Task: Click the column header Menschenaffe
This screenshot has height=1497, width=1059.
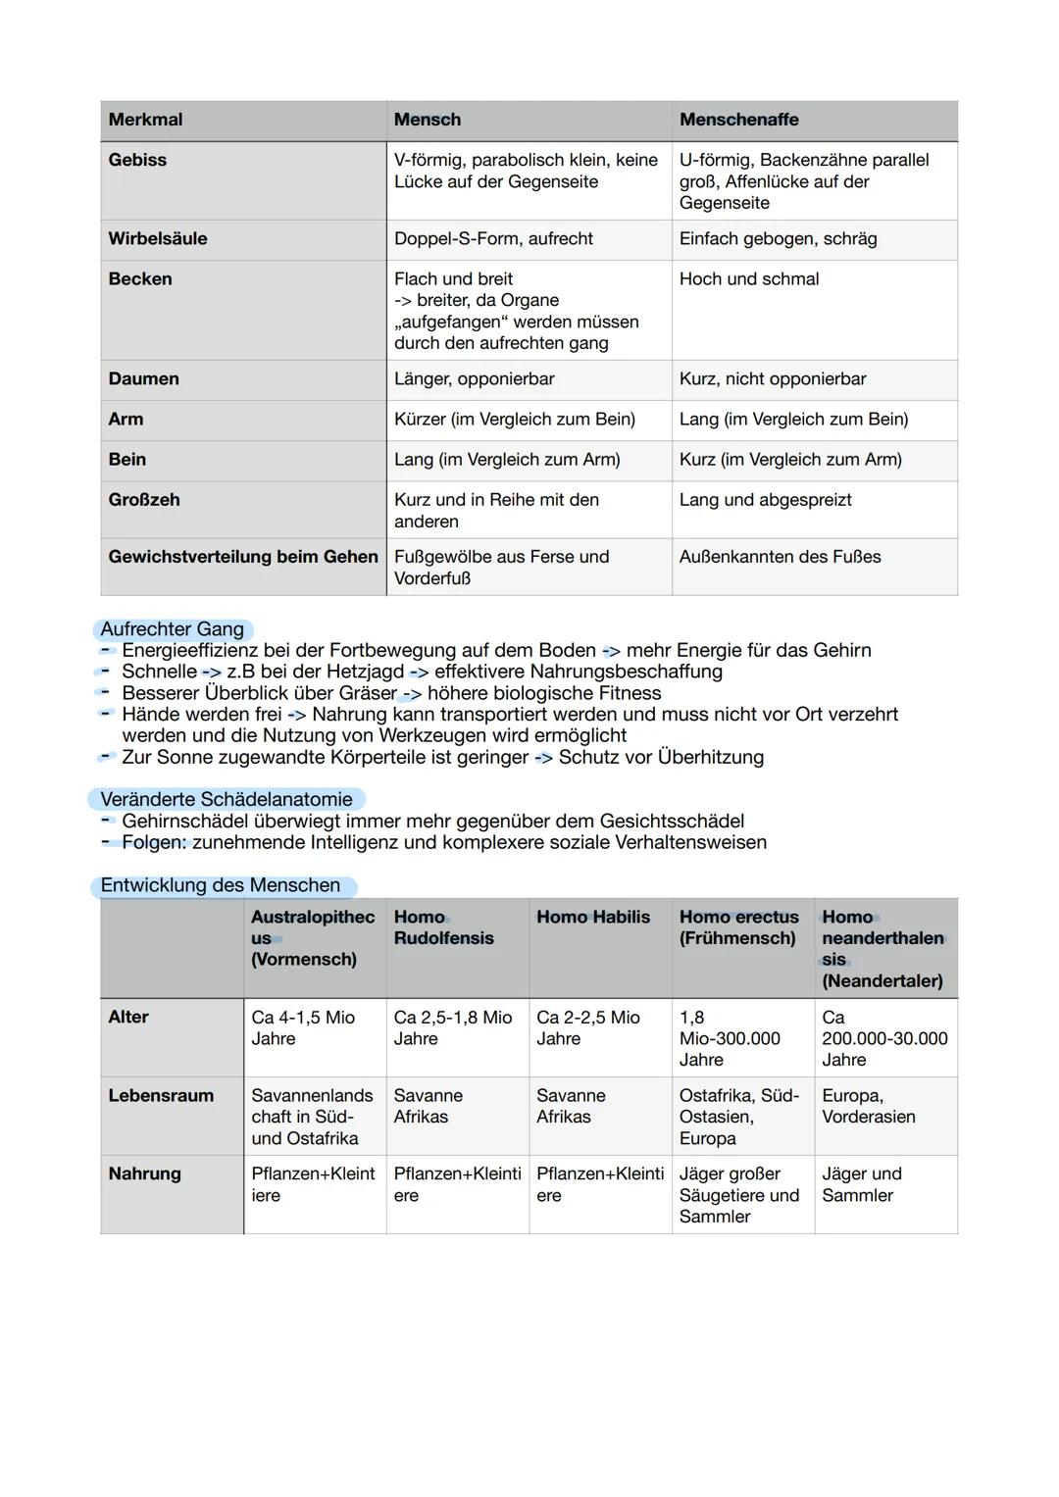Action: (x=738, y=120)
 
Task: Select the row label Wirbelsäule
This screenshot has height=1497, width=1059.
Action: (x=158, y=238)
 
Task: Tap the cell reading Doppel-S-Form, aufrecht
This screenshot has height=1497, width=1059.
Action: (x=493, y=238)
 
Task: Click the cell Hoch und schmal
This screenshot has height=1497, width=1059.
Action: (x=749, y=278)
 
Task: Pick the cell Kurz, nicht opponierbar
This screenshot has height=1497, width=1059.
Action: (x=773, y=378)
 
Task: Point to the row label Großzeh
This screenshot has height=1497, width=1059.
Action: (x=144, y=499)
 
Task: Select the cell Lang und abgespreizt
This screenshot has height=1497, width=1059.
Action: (x=765, y=499)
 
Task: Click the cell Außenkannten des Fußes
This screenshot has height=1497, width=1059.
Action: (x=780, y=556)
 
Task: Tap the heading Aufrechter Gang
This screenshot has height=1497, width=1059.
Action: (x=173, y=629)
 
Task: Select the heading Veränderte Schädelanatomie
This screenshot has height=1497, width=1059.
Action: (x=227, y=799)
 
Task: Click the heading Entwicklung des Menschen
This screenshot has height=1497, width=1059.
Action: (x=221, y=885)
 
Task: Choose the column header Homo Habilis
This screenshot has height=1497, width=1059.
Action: (x=593, y=917)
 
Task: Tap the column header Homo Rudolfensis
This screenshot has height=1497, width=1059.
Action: (x=443, y=927)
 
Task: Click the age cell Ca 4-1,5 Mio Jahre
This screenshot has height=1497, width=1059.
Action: (x=303, y=1027)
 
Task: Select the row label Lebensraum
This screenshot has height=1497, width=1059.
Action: (x=161, y=1095)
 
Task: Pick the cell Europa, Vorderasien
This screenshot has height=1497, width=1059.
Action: (x=869, y=1106)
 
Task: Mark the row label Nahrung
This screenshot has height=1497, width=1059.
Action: (x=144, y=1173)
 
